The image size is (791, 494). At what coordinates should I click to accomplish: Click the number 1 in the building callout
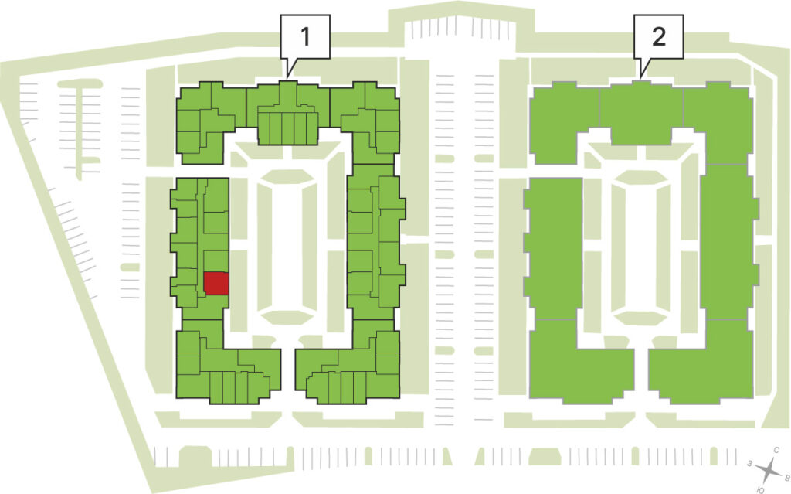304,36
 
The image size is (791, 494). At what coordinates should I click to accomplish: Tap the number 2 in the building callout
659,36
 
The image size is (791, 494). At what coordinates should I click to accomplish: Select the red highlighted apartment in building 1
216,284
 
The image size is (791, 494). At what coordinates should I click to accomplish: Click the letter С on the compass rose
777,450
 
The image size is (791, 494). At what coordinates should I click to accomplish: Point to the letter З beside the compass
750,463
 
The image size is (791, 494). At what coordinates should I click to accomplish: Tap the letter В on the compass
786,477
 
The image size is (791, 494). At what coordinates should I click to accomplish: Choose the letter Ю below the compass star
760,490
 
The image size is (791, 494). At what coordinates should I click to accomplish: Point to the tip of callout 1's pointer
287,78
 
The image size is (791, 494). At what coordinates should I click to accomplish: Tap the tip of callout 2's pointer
640,78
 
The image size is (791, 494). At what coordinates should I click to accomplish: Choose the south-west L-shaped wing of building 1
227,361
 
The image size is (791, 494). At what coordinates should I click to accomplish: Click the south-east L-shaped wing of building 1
348,361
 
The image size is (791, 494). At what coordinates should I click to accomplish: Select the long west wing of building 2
554,247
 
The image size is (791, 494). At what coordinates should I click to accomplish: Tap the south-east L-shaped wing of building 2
701,361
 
